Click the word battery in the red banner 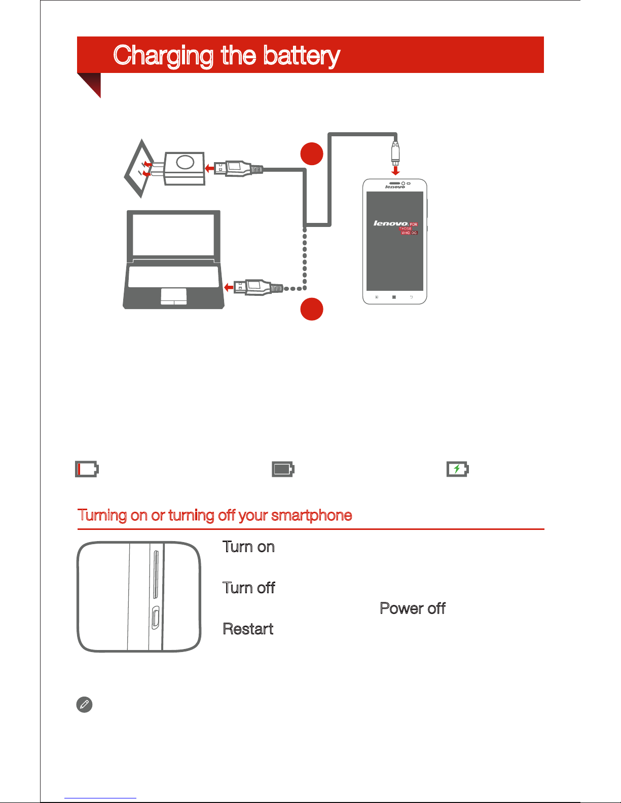click(x=301, y=56)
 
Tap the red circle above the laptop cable click(x=312, y=154)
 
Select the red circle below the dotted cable click(x=312, y=309)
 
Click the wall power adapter click(x=184, y=168)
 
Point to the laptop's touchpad click(x=173, y=297)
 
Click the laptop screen click(x=173, y=235)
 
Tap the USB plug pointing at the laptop click(x=259, y=287)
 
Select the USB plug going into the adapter click(x=238, y=169)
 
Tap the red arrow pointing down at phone click(x=395, y=171)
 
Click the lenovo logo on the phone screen click(x=390, y=223)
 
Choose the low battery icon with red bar click(x=87, y=469)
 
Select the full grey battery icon click(x=283, y=469)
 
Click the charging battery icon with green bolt click(x=458, y=469)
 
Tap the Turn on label click(x=248, y=547)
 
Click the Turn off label click(x=249, y=588)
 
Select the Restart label click(x=248, y=629)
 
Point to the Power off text click(x=413, y=608)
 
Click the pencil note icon click(x=84, y=705)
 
